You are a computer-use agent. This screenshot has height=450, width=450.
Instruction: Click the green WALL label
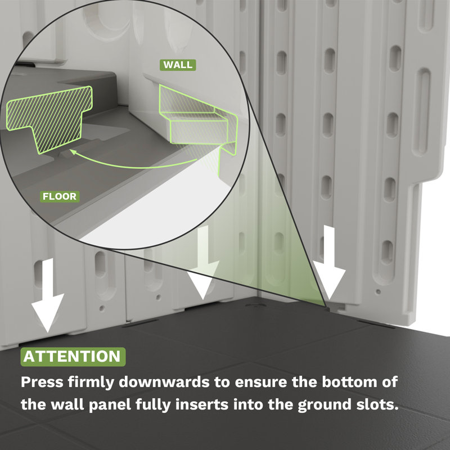pyautogui.click(x=178, y=65)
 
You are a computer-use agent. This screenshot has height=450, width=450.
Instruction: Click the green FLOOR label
pyautogui.click(x=60, y=196)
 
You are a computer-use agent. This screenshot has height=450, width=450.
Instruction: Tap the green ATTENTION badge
pyautogui.click(x=73, y=357)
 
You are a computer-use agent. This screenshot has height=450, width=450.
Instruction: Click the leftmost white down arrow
pyautogui.click(x=48, y=296)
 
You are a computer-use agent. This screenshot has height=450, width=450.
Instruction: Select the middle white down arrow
pyautogui.click(x=203, y=263)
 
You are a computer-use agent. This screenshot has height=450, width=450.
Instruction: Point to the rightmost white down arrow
pyautogui.click(x=329, y=263)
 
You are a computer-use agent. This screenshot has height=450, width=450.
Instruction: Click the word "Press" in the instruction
pyautogui.click(x=42, y=382)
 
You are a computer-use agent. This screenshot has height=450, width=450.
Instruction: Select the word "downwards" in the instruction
pyautogui.click(x=164, y=382)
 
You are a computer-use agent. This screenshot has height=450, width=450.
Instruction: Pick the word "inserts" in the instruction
pyautogui.click(x=202, y=404)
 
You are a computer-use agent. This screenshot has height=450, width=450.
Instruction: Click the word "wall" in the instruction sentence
pyautogui.click(x=67, y=404)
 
